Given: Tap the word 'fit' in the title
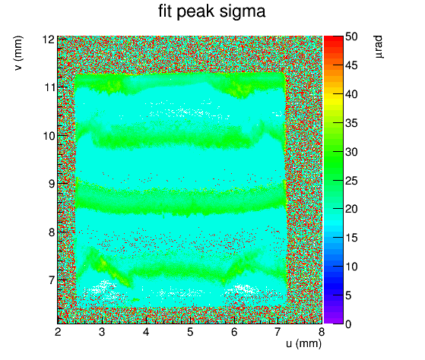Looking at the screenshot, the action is [x=165, y=11].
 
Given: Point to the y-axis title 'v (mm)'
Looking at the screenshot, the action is [x=18, y=53].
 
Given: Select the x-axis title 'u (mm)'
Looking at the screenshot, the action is [x=303, y=343].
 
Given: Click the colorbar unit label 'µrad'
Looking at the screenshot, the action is [x=378, y=46].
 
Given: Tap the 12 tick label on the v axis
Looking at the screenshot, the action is [x=49, y=39].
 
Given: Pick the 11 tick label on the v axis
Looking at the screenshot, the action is [x=49, y=87].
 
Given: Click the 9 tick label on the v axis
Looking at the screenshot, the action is [x=52, y=184].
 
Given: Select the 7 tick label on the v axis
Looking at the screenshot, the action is [x=52, y=280].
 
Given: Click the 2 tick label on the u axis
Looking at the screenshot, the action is [x=58, y=332].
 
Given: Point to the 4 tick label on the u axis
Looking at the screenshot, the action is [x=146, y=332].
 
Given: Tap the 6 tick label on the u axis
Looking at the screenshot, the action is [x=234, y=332].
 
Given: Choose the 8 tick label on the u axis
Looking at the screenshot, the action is [x=322, y=332].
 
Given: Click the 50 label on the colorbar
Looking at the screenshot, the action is [x=351, y=36].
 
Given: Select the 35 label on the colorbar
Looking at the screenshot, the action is [x=351, y=124].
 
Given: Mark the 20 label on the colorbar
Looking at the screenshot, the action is [x=351, y=209].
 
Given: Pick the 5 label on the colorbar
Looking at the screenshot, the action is [x=348, y=295].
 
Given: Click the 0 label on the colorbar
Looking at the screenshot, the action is [x=348, y=324].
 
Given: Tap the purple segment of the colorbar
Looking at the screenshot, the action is [x=334, y=318].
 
